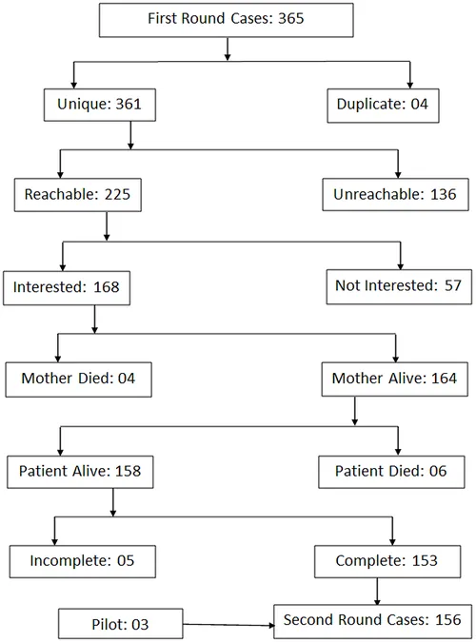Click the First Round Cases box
(x=227, y=20)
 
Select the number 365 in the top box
(x=291, y=18)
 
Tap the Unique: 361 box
(x=100, y=105)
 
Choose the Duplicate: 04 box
(x=383, y=106)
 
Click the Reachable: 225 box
(x=78, y=195)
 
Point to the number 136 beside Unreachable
(x=444, y=194)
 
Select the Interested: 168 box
(x=67, y=288)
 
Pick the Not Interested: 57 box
(x=399, y=286)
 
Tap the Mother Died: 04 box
(x=78, y=379)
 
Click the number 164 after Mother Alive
(x=444, y=378)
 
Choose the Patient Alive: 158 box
(x=80, y=472)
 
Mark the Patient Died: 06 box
(x=391, y=472)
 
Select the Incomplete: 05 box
(x=83, y=562)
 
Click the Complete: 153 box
(x=387, y=562)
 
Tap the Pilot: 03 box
(x=121, y=624)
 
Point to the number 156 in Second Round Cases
(x=448, y=620)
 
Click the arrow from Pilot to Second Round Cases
(x=228, y=625)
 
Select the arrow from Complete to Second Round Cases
(x=377, y=592)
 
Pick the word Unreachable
(x=378, y=194)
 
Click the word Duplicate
(x=371, y=105)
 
